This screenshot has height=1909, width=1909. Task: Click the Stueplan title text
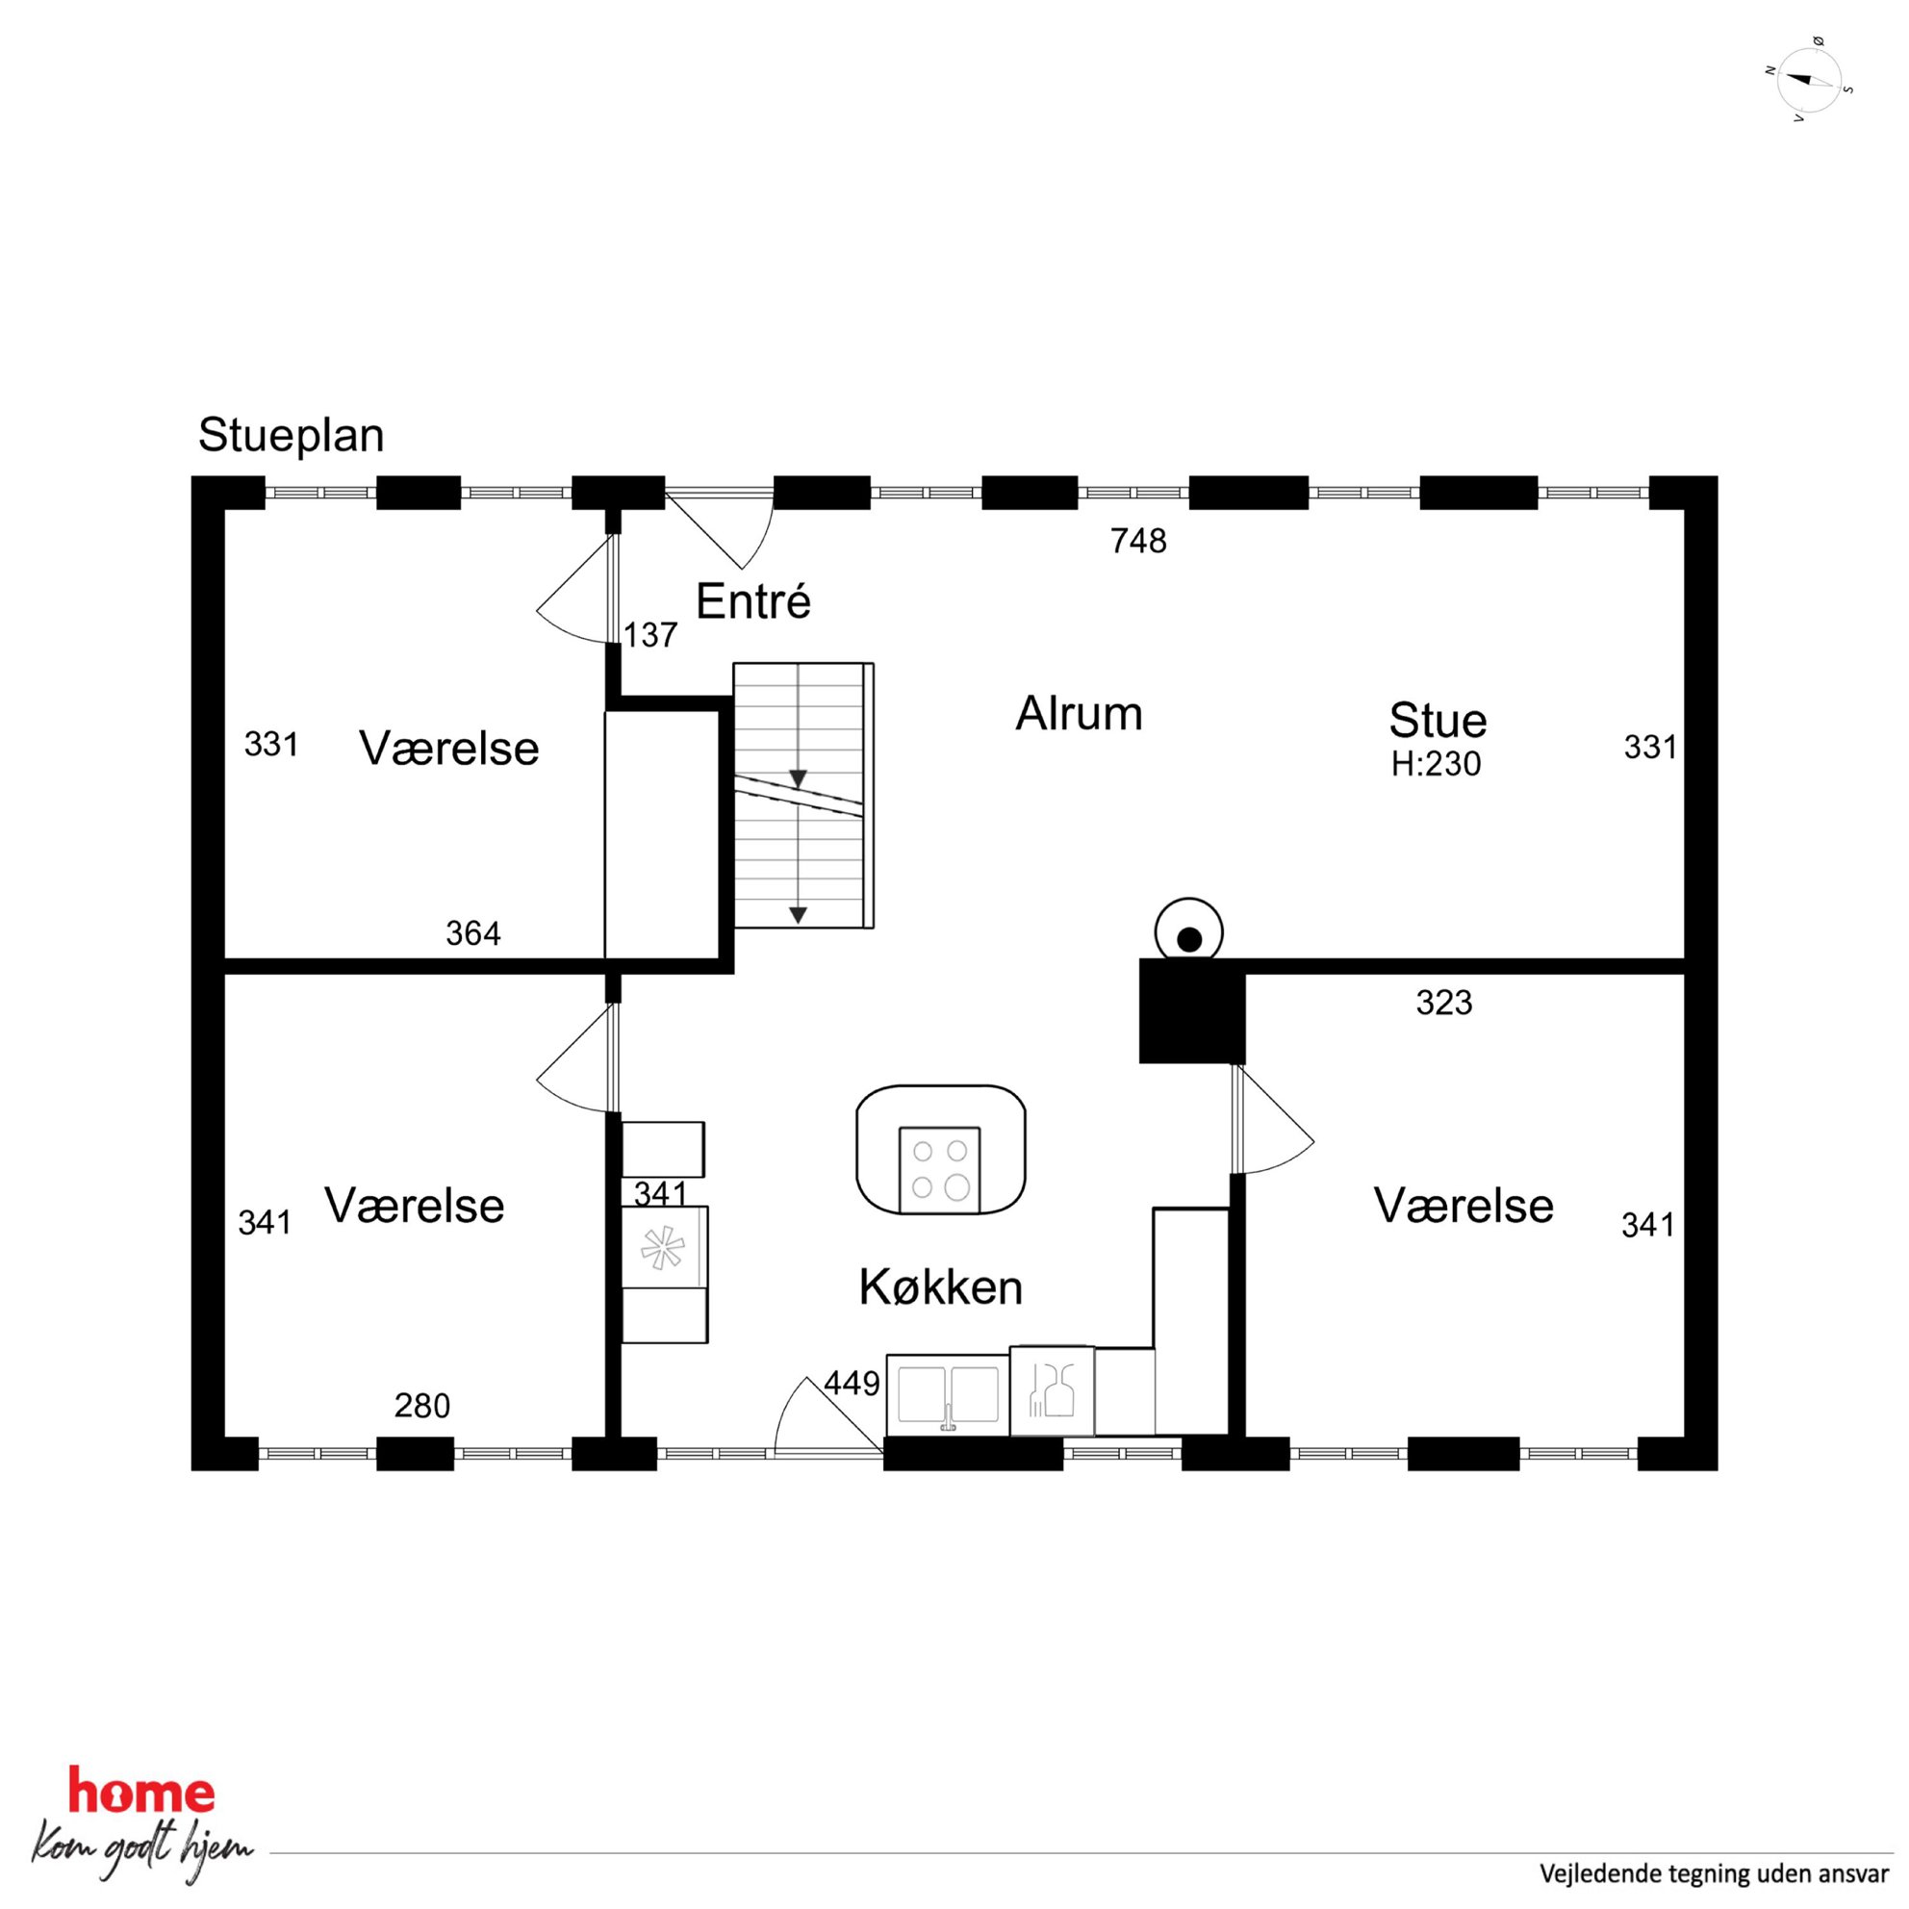click(291, 437)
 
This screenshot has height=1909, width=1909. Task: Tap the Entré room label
click(753, 600)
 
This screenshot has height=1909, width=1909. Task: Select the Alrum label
click(1079, 712)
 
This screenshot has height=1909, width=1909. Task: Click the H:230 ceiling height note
click(1436, 764)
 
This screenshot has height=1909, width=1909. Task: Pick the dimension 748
click(1138, 541)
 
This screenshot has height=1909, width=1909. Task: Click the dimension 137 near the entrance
click(650, 634)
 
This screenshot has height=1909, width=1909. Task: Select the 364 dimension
click(473, 932)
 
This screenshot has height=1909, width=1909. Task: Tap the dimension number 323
click(1443, 1003)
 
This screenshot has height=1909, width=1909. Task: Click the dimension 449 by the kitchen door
click(852, 1384)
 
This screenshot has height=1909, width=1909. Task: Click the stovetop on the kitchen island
click(940, 1170)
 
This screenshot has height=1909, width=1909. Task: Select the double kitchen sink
click(949, 1394)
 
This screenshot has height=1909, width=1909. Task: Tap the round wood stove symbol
click(1188, 930)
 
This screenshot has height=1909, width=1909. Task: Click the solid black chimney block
click(1191, 1011)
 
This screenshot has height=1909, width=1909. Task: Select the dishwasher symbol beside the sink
click(1052, 1390)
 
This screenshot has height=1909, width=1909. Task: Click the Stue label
click(1438, 721)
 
